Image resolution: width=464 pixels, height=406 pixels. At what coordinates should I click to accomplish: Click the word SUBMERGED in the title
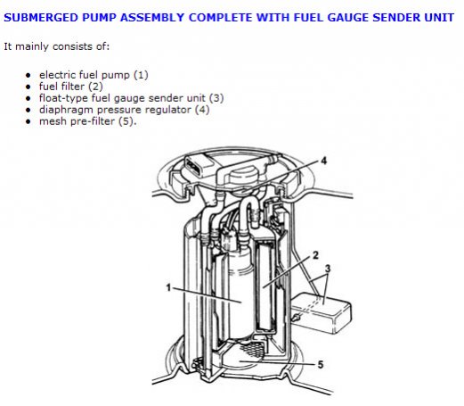pyautogui.click(x=41, y=18)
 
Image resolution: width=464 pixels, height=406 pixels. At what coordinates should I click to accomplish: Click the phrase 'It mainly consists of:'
pyautogui.click(x=57, y=46)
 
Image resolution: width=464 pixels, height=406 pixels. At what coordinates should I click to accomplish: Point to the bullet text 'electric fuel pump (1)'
pyautogui.click(x=94, y=75)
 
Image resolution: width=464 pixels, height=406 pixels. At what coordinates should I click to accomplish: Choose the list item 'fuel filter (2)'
pyautogui.click(x=71, y=87)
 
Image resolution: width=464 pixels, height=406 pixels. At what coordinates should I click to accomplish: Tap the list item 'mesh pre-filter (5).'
pyautogui.click(x=88, y=121)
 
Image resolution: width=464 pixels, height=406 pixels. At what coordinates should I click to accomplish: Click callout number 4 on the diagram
pyautogui.click(x=324, y=161)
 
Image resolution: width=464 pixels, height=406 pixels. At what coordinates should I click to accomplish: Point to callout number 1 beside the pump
pyautogui.click(x=168, y=287)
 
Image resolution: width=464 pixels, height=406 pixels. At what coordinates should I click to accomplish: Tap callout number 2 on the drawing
pyautogui.click(x=315, y=255)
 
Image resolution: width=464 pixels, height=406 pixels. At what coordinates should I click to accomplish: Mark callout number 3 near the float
pyautogui.click(x=328, y=269)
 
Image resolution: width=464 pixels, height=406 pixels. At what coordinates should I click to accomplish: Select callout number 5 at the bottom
pyautogui.click(x=321, y=365)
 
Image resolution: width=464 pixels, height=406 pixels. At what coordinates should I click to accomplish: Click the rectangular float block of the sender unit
pyautogui.click(x=322, y=312)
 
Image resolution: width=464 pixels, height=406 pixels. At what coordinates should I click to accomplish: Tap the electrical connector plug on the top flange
pyautogui.click(x=199, y=167)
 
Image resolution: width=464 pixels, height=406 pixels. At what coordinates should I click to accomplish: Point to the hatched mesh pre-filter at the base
pyautogui.click(x=252, y=347)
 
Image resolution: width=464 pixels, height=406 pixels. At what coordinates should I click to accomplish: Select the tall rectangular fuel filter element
pyautogui.click(x=266, y=286)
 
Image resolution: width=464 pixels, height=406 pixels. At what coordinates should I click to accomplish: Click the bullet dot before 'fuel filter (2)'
pyautogui.click(x=28, y=87)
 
